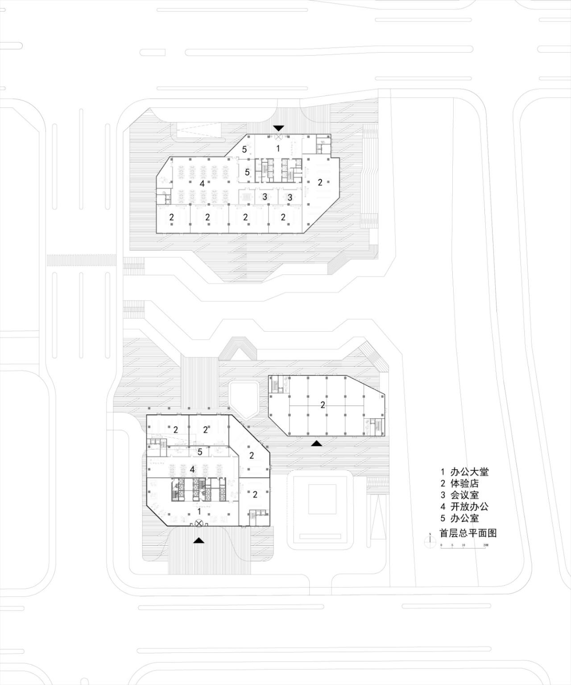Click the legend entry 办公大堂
(x=469, y=472)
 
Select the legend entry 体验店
(x=464, y=483)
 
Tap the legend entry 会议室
(x=464, y=495)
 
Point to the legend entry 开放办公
(x=469, y=507)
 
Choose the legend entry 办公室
(x=464, y=518)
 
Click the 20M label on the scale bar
(x=485, y=545)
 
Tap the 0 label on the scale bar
(x=441, y=545)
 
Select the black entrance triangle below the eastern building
(x=317, y=443)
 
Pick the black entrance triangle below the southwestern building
(x=199, y=540)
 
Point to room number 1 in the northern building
(x=278, y=149)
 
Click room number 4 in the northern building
(x=202, y=183)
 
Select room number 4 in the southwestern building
(x=192, y=470)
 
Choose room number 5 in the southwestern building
(x=200, y=452)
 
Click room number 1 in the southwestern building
(x=199, y=511)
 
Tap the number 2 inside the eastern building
(x=323, y=405)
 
